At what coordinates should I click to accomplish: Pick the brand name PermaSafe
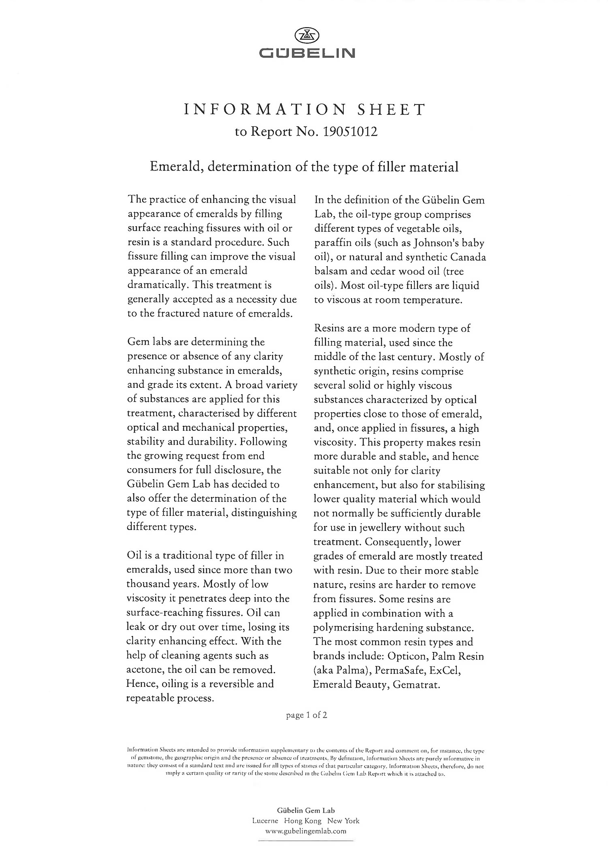399,670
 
